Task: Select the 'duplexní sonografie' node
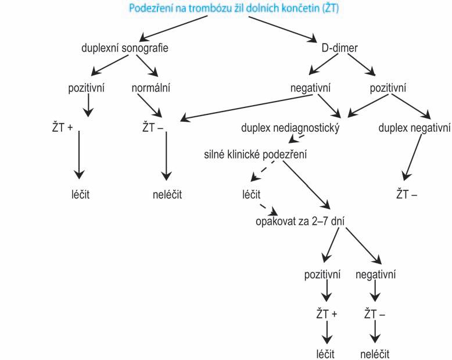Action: (125, 48)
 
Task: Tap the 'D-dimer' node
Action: (339, 48)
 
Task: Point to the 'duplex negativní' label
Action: (414, 127)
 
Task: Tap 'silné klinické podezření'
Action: (256, 155)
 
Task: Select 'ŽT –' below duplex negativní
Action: (407, 195)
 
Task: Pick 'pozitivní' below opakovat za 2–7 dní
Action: (322, 273)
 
